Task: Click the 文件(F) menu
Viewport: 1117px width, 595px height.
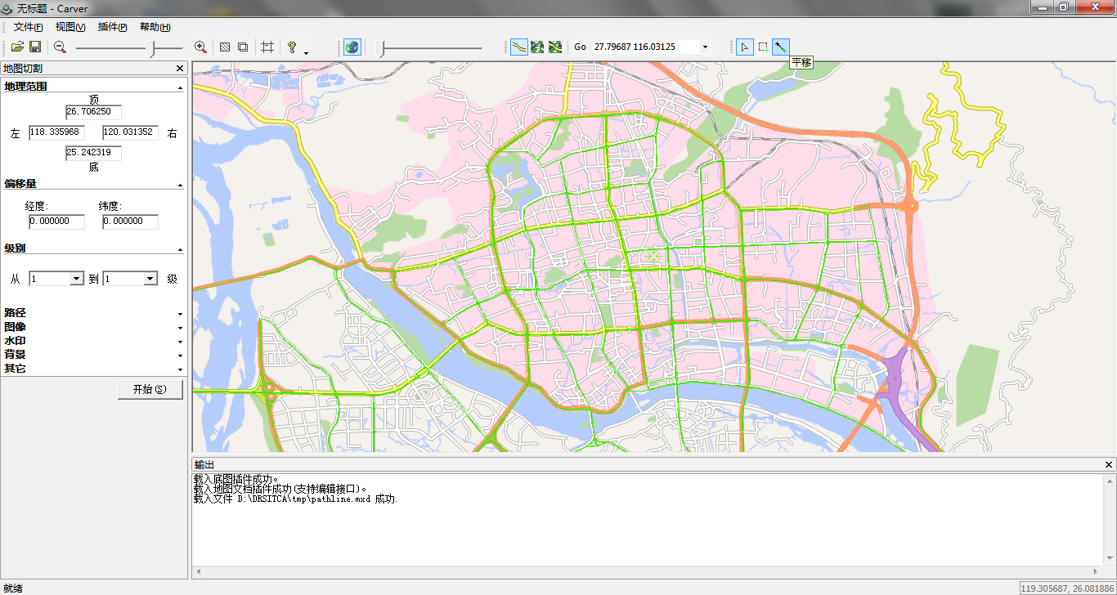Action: point(28,27)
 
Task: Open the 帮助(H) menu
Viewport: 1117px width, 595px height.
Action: point(155,27)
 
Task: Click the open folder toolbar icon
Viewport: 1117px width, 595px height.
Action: point(17,47)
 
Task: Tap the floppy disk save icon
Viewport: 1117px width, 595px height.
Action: point(35,47)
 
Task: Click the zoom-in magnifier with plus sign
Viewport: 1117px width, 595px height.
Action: point(200,47)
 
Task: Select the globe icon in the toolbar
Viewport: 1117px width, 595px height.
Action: point(352,47)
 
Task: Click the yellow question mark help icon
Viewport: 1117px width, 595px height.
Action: point(292,47)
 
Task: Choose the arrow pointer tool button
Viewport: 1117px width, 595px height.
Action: point(744,47)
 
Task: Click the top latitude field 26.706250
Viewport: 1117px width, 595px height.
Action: point(93,112)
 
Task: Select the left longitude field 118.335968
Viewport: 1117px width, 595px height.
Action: point(56,132)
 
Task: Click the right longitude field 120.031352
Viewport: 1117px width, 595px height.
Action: point(129,132)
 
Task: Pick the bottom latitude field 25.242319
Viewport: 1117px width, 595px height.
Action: point(93,153)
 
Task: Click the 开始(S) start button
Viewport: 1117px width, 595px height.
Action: point(150,390)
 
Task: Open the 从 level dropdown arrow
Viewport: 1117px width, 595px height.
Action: point(77,279)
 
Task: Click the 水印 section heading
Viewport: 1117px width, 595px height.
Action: point(15,341)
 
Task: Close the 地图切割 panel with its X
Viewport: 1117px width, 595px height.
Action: point(180,69)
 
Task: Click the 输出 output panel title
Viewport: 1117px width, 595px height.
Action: point(204,465)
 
